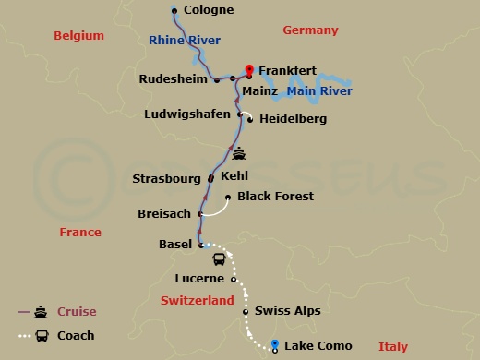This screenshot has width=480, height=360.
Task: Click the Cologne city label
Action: pos(209,10)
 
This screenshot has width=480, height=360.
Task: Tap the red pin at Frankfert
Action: pos(248,70)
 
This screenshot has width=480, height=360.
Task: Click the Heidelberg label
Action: pos(293,118)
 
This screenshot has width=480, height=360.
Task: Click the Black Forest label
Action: pos(275,196)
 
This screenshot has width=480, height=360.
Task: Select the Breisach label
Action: pos(163,213)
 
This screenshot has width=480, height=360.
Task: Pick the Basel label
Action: pos(175,245)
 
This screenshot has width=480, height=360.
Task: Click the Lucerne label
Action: pos(200,278)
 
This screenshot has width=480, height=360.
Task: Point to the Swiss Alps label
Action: pos(287,311)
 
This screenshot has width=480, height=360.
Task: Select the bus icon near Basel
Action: pos(220,260)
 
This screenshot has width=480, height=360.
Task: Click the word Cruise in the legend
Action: pos(77,311)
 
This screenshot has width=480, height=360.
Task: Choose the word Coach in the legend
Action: pos(76,335)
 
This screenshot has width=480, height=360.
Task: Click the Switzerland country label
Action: pos(198,301)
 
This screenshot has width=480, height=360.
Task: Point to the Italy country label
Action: pos(391,346)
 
